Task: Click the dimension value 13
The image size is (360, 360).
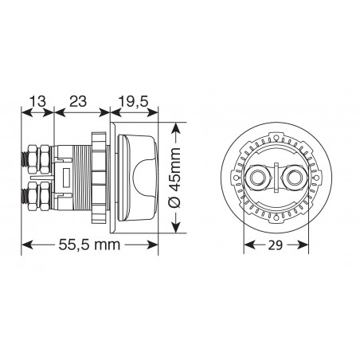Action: pos(37,101)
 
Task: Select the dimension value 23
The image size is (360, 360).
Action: pos(78,101)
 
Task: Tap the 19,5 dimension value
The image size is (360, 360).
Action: pos(133,102)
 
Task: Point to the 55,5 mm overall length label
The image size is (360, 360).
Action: pos(89,245)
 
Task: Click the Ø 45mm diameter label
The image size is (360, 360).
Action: pos(175,178)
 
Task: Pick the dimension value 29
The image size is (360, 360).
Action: pos(276,245)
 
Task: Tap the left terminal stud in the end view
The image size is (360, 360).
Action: pos(256,177)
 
